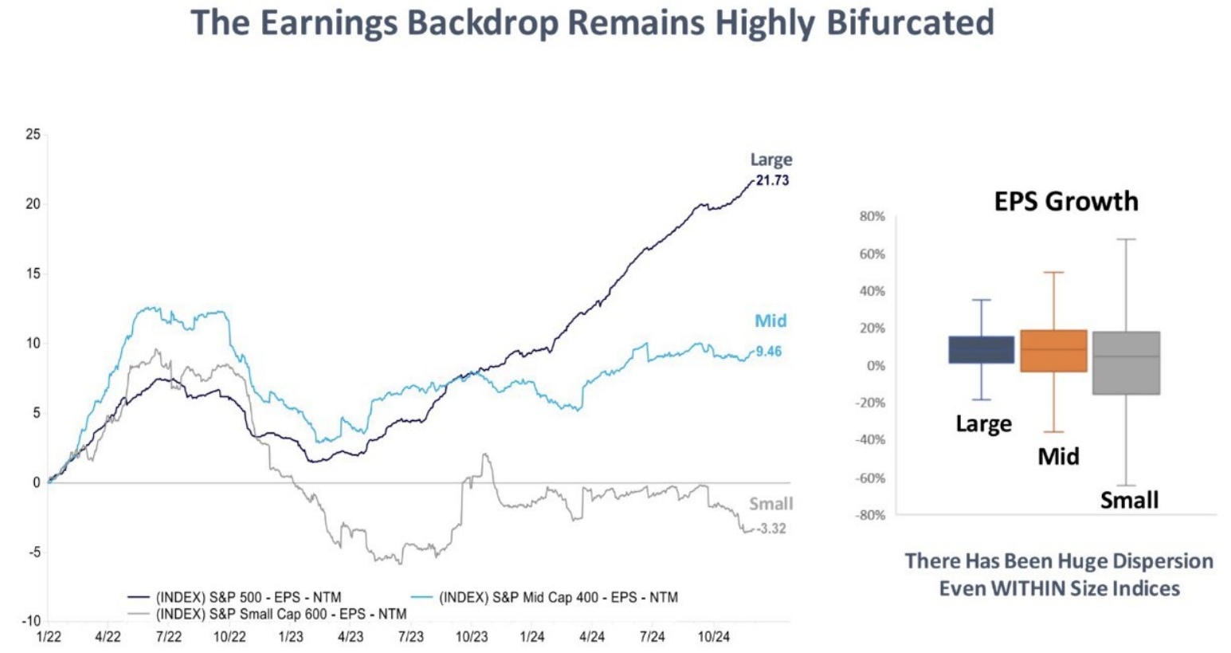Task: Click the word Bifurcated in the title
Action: click(x=911, y=22)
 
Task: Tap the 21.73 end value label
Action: click(x=772, y=180)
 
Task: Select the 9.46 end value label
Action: click(x=768, y=351)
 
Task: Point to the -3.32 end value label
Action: click(x=770, y=529)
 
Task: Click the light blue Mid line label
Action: click(x=770, y=321)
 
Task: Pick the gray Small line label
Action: click(x=770, y=504)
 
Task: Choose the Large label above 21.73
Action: click(x=770, y=159)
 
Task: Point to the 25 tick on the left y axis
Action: click(x=33, y=134)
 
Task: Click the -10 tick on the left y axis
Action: click(x=32, y=621)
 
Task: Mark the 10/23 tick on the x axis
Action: click(x=472, y=637)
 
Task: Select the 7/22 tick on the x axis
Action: click(x=168, y=637)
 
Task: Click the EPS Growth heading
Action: click(x=1066, y=201)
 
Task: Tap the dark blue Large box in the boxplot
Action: click(x=982, y=349)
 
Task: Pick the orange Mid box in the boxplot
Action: click(x=1053, y=351)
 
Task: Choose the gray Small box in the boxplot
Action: click(x=1126, y=363)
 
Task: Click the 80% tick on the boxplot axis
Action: click(x=872, y=216)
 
